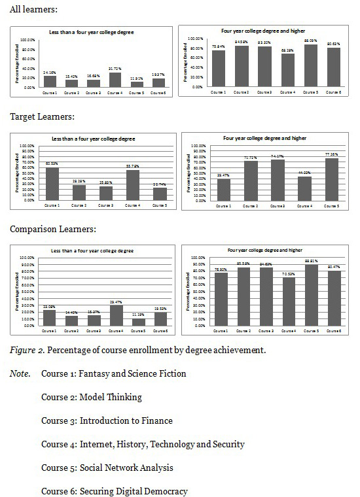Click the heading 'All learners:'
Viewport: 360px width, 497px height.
click(x=33, y=10)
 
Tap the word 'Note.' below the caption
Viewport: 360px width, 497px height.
click(x=20, y=373)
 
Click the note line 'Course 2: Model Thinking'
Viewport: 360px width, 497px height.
click(x=92, y=397)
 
